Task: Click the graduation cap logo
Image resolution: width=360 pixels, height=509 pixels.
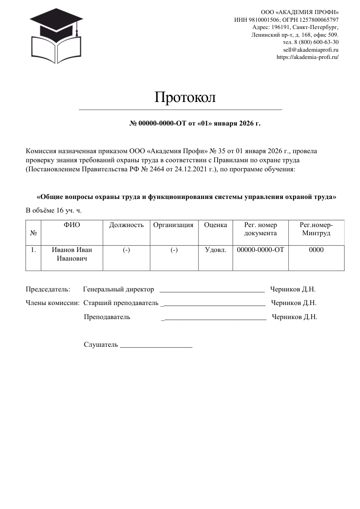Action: (56, 36)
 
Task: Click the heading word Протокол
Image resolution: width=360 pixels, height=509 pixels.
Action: (185, 97)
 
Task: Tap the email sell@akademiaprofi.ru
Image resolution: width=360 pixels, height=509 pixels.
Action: (311, 49)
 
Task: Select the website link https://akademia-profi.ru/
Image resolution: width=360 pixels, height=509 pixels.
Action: (307, 57)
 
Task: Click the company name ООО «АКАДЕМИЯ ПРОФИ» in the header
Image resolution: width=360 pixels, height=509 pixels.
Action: (300, 11)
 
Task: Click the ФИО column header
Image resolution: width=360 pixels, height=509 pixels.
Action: (72, 225)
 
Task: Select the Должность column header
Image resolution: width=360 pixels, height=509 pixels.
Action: (126, 225)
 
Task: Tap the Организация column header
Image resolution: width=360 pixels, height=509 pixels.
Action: (174, 225)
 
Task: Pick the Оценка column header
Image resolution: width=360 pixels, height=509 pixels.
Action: (215, 225)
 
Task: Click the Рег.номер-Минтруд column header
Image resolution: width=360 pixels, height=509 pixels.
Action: (316, 229)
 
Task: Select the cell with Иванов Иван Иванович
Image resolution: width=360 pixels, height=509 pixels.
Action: (72, 254)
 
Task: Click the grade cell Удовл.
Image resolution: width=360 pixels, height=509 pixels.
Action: (215, 250)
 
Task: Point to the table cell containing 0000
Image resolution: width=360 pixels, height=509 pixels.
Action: (316, 250)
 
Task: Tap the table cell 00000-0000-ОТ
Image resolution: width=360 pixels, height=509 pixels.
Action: (260, 250)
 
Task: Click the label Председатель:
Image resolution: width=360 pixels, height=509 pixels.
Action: (48, 289)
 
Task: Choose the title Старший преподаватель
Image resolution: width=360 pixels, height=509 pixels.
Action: (121, 302)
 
